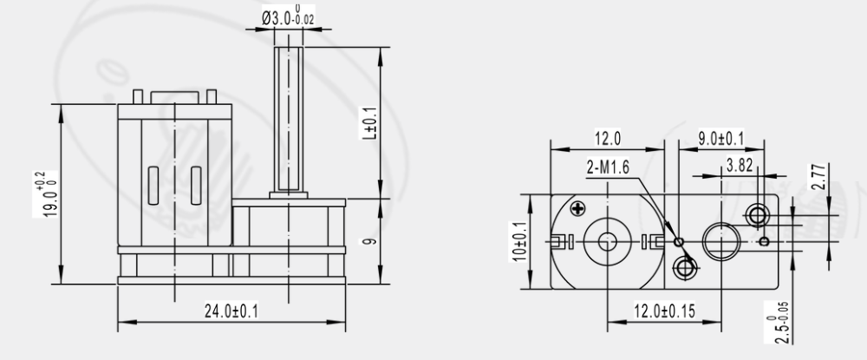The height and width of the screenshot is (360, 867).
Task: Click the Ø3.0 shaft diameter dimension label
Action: point(288,16)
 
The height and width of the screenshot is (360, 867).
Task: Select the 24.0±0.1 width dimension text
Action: point(231,311)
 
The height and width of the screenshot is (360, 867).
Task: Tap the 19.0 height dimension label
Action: point(47,194)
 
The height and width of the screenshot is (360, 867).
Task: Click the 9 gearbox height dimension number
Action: point(371,241)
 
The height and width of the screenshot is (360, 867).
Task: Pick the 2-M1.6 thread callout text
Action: point(608,167)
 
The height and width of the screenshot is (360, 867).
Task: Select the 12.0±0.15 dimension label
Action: point(664,311)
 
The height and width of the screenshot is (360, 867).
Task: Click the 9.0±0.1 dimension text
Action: point(721,138)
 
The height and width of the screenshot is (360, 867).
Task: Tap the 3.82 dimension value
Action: point(740,164)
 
